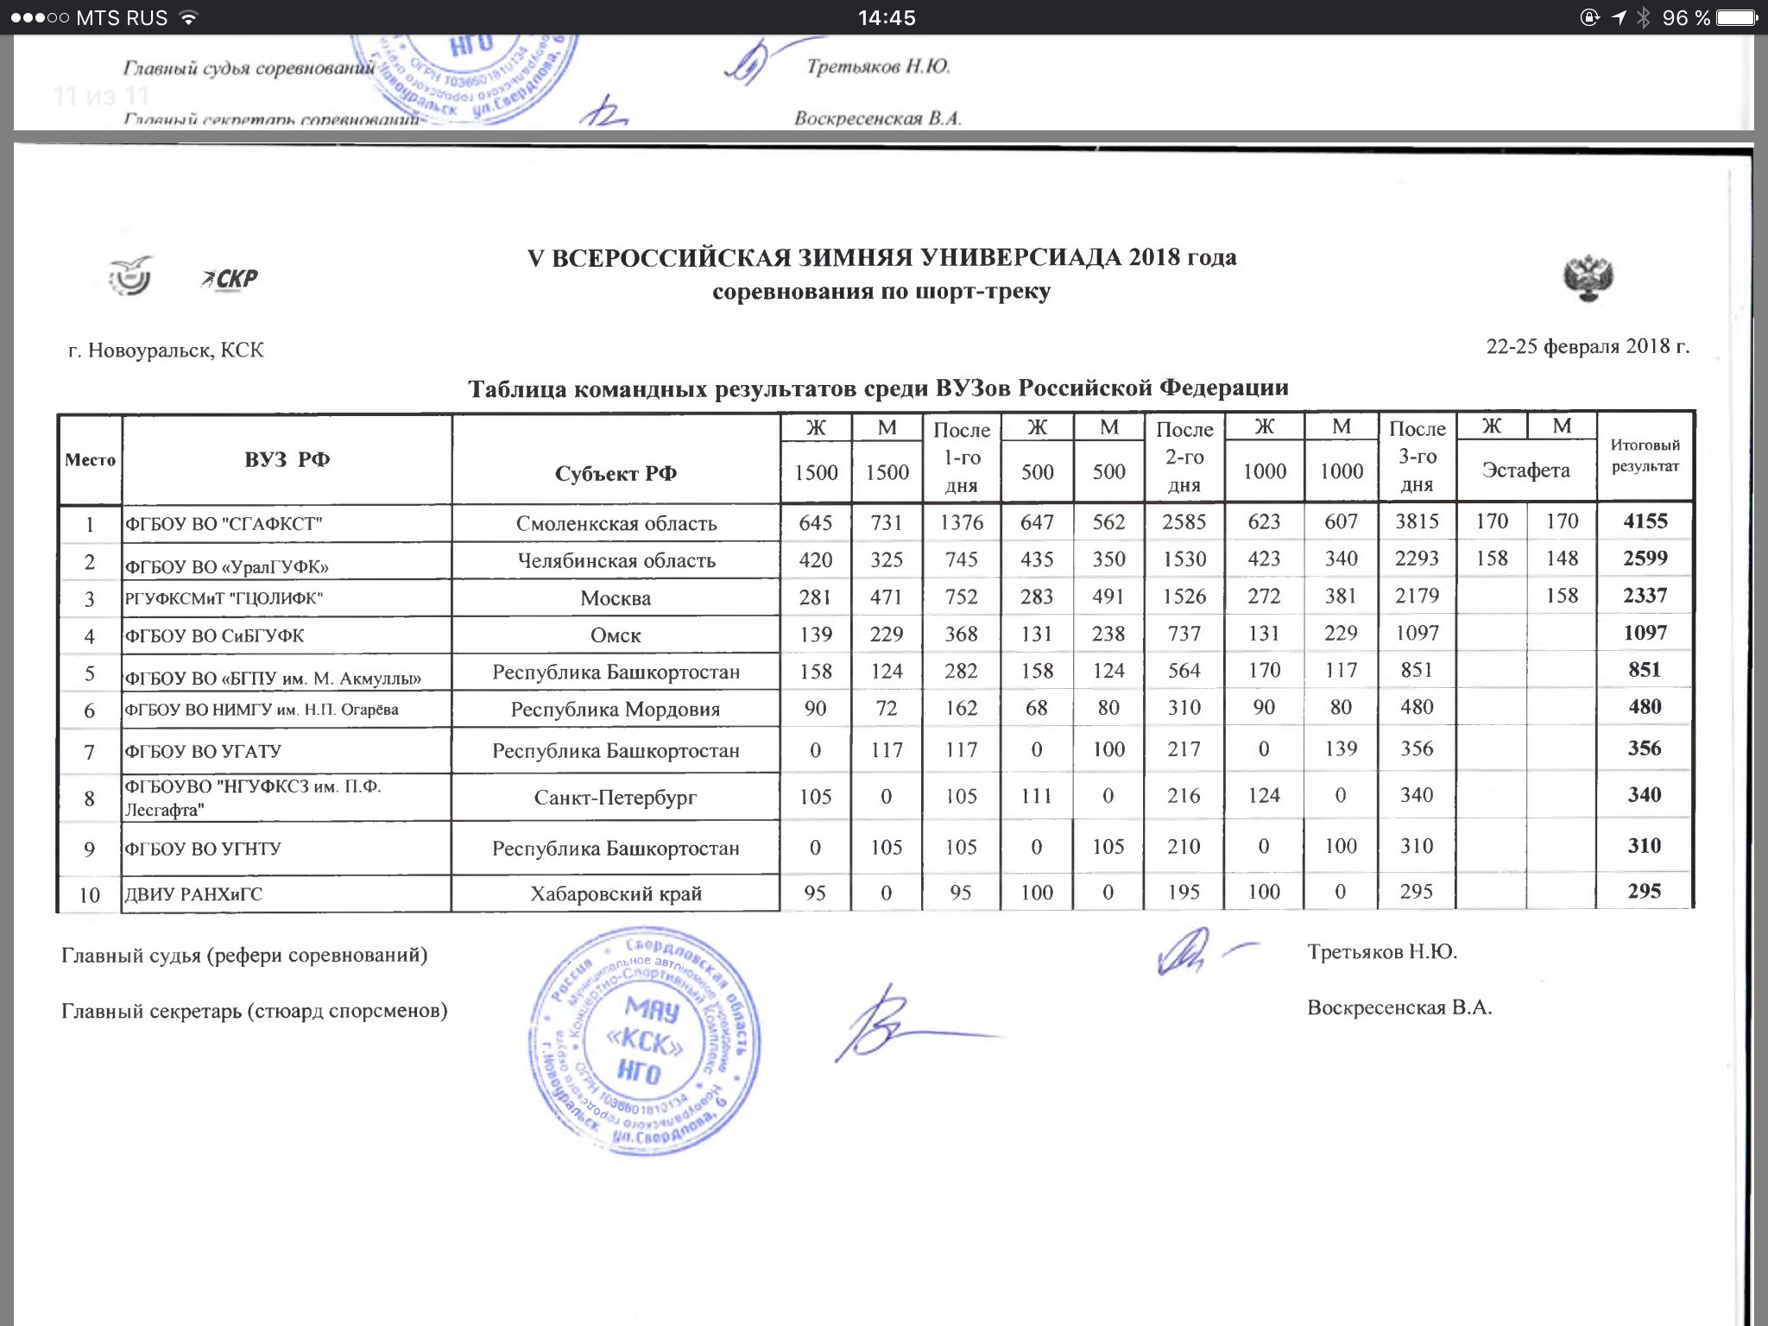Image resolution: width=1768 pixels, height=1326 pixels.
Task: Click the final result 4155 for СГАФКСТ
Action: click(1645, 521)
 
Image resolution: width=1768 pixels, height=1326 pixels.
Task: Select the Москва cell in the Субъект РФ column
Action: click(616, 598)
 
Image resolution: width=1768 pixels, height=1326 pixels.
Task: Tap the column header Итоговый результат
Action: click(1645, 456)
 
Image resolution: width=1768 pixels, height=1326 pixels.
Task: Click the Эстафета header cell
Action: click(1525, 470)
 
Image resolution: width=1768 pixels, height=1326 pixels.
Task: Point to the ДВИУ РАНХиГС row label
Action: click(193, 894)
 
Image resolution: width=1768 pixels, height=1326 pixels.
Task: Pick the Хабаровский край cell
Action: click(616, 893)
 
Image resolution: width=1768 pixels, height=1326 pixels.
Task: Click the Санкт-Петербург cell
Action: click(616, 797)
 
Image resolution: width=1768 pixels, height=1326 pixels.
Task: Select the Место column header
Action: click(90, 460)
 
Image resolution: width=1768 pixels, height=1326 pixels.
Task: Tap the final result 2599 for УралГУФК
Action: click(1645, 559)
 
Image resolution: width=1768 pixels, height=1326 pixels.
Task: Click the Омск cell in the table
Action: click(616, 635)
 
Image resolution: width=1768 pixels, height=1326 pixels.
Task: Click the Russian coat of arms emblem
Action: click(1588, 278)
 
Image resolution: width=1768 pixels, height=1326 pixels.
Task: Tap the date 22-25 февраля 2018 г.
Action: click(1587, 346)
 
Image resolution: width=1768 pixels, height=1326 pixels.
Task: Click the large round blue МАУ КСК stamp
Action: click(644, 1040)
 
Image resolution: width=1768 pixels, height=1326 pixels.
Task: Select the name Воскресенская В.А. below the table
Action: click(1399, 1008)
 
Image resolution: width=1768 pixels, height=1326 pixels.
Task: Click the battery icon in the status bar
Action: click(1736, 17)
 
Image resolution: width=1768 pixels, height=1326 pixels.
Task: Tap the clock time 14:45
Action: click(886, 18)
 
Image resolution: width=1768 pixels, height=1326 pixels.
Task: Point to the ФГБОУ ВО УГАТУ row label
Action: click(203, 751)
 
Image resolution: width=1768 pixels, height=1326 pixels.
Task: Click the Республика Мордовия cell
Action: click(616, 710)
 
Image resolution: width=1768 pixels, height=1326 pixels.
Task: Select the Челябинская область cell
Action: click(616, 561)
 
